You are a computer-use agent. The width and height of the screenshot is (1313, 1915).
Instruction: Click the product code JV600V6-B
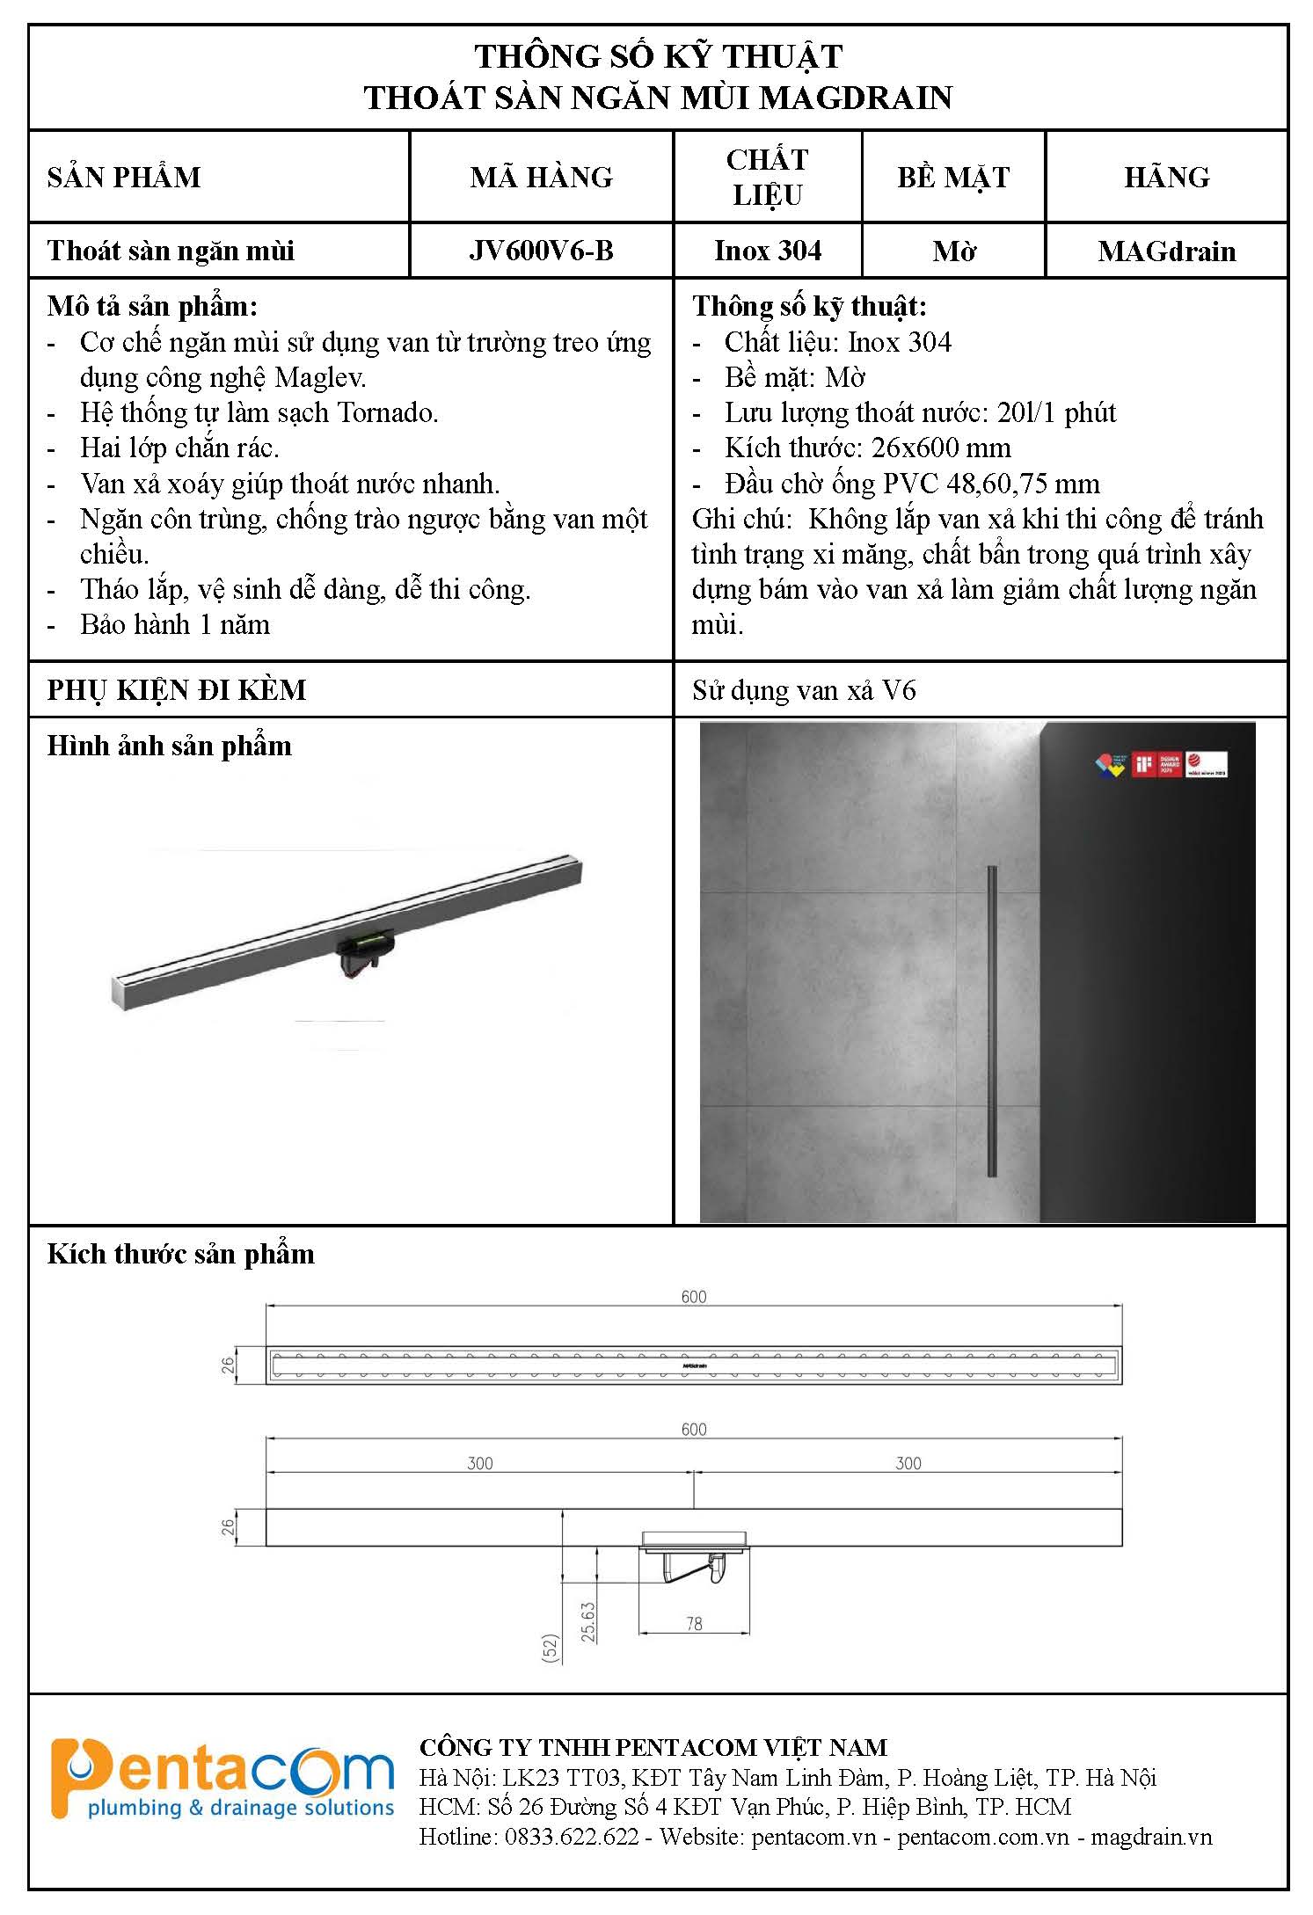[x=541, y=251]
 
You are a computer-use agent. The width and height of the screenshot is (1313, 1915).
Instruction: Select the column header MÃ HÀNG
[x=541, y=178]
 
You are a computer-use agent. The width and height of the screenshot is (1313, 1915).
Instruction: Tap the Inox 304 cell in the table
[x=768, y=251]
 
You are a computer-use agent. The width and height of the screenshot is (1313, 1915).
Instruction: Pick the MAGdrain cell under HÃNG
[x=1166, y=252]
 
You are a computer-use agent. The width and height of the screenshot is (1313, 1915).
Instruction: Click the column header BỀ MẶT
[x=953, y=178]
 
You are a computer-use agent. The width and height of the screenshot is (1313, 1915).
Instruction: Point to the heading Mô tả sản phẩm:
[x=152, y=307]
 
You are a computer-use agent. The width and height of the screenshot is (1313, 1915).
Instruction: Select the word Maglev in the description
[x=320, y=378]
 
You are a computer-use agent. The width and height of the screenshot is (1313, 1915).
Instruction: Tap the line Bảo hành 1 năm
[x=174, y=625]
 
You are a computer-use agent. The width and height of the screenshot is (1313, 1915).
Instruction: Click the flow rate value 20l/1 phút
[x=1056, y=413]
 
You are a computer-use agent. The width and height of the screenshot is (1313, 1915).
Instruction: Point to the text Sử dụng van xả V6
[x=804, y=691]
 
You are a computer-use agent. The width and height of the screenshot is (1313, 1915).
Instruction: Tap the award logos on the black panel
[x=1160, y=764]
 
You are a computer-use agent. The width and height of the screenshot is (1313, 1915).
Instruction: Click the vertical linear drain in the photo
[x=993, y=1020]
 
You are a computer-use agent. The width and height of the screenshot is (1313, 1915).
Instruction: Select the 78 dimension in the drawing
[x=694, y=1624]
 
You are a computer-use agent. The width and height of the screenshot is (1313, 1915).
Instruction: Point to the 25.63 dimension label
[x=588, y=1621]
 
